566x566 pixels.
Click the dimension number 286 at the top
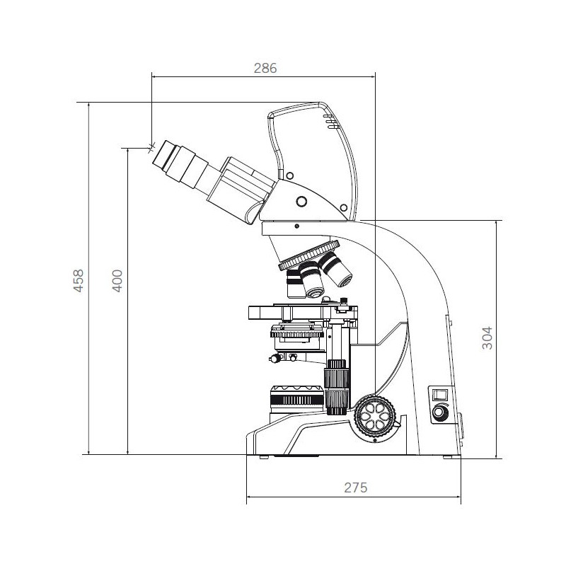[x=264, y=68]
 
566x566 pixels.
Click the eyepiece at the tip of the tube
[x=171, y=158]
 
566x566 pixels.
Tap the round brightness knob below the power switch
[x=441, y=412]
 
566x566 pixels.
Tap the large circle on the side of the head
[x=302, y=202]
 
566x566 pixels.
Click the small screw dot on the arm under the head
[x=296, y=226]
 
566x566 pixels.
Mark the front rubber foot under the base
[x=263, y=457]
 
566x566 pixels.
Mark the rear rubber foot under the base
[x=448, y=457]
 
